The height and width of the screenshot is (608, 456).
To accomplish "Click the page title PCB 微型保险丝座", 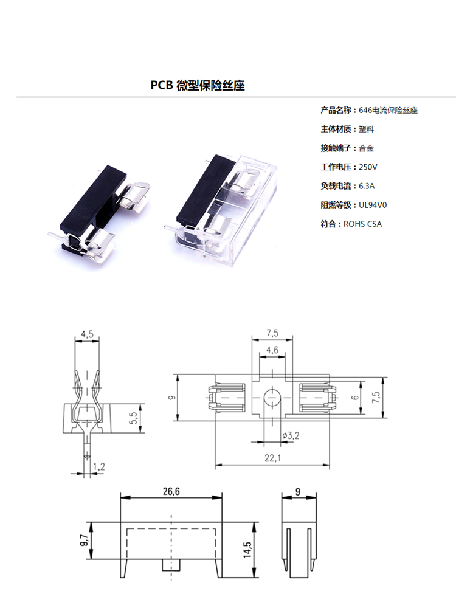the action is click(x=198, y=85).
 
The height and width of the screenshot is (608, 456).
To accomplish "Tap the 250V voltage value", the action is click(x=368, y=167).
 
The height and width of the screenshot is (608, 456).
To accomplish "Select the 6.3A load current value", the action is click(x=367, y=186).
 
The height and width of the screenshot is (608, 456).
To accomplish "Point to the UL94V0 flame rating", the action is click(x=373, y=205).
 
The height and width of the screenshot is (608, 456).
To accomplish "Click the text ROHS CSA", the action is click(x=362, y=224).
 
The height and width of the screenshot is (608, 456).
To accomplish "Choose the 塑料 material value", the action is click(x=367, y=129).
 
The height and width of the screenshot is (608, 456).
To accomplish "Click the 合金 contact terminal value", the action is click(x=367, y=148).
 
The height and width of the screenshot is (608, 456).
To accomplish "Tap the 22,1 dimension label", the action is click(x=272, y=458).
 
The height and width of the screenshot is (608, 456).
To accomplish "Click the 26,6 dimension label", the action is click(x=171, y=492).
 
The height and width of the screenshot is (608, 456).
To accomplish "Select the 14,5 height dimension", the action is click(x=247, y=550).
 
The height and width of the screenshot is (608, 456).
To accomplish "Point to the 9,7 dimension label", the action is click(x=84, y=540).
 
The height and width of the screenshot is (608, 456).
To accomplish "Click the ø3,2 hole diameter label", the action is click(x=291, y=435).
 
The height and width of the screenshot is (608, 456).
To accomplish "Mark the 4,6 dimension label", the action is click(x=272, y=350).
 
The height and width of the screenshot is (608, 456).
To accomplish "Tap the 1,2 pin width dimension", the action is click(x=99, y=466).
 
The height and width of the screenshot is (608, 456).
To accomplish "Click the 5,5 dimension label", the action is click(x=133, y=418).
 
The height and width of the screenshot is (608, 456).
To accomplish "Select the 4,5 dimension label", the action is click(x=87, y=334).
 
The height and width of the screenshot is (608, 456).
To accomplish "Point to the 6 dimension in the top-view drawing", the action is click(x=356, y=398).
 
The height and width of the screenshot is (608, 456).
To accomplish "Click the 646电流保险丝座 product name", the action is click(x=388, y=110).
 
